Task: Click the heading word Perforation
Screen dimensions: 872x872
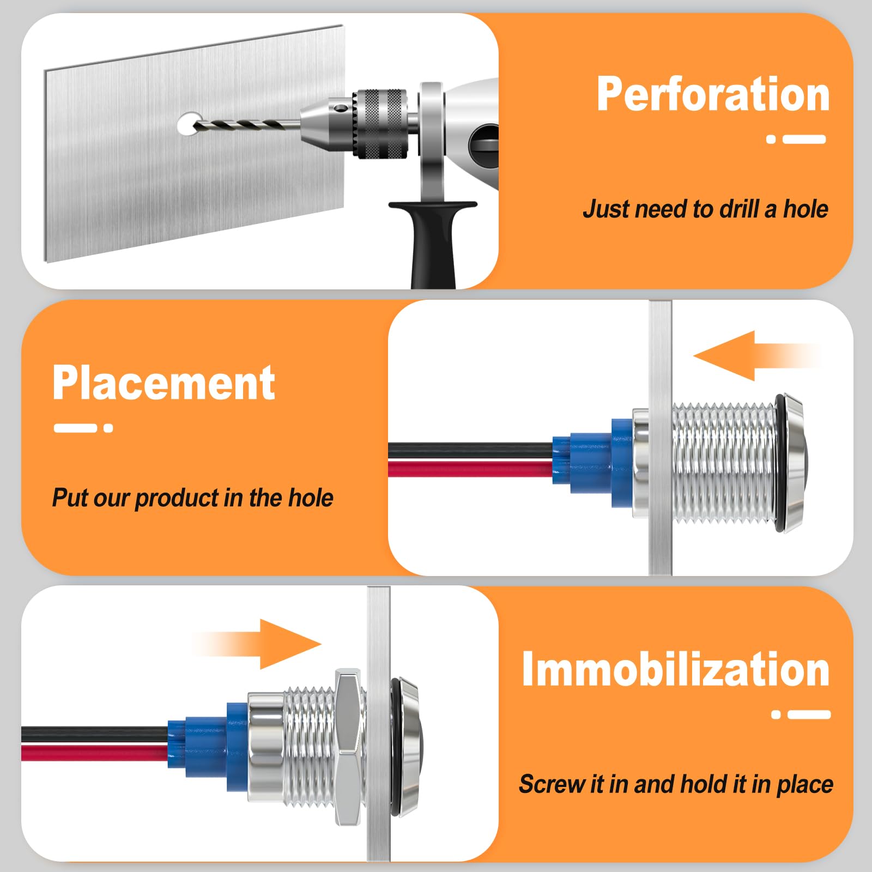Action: tap(713, 94)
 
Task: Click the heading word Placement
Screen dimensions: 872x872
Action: tap(163, 383)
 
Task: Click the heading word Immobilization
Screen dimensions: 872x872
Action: tap(675, 669)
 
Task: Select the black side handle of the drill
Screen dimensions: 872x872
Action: tap(431, 240)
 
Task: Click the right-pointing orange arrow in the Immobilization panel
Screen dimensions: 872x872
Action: tap(256, 644)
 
